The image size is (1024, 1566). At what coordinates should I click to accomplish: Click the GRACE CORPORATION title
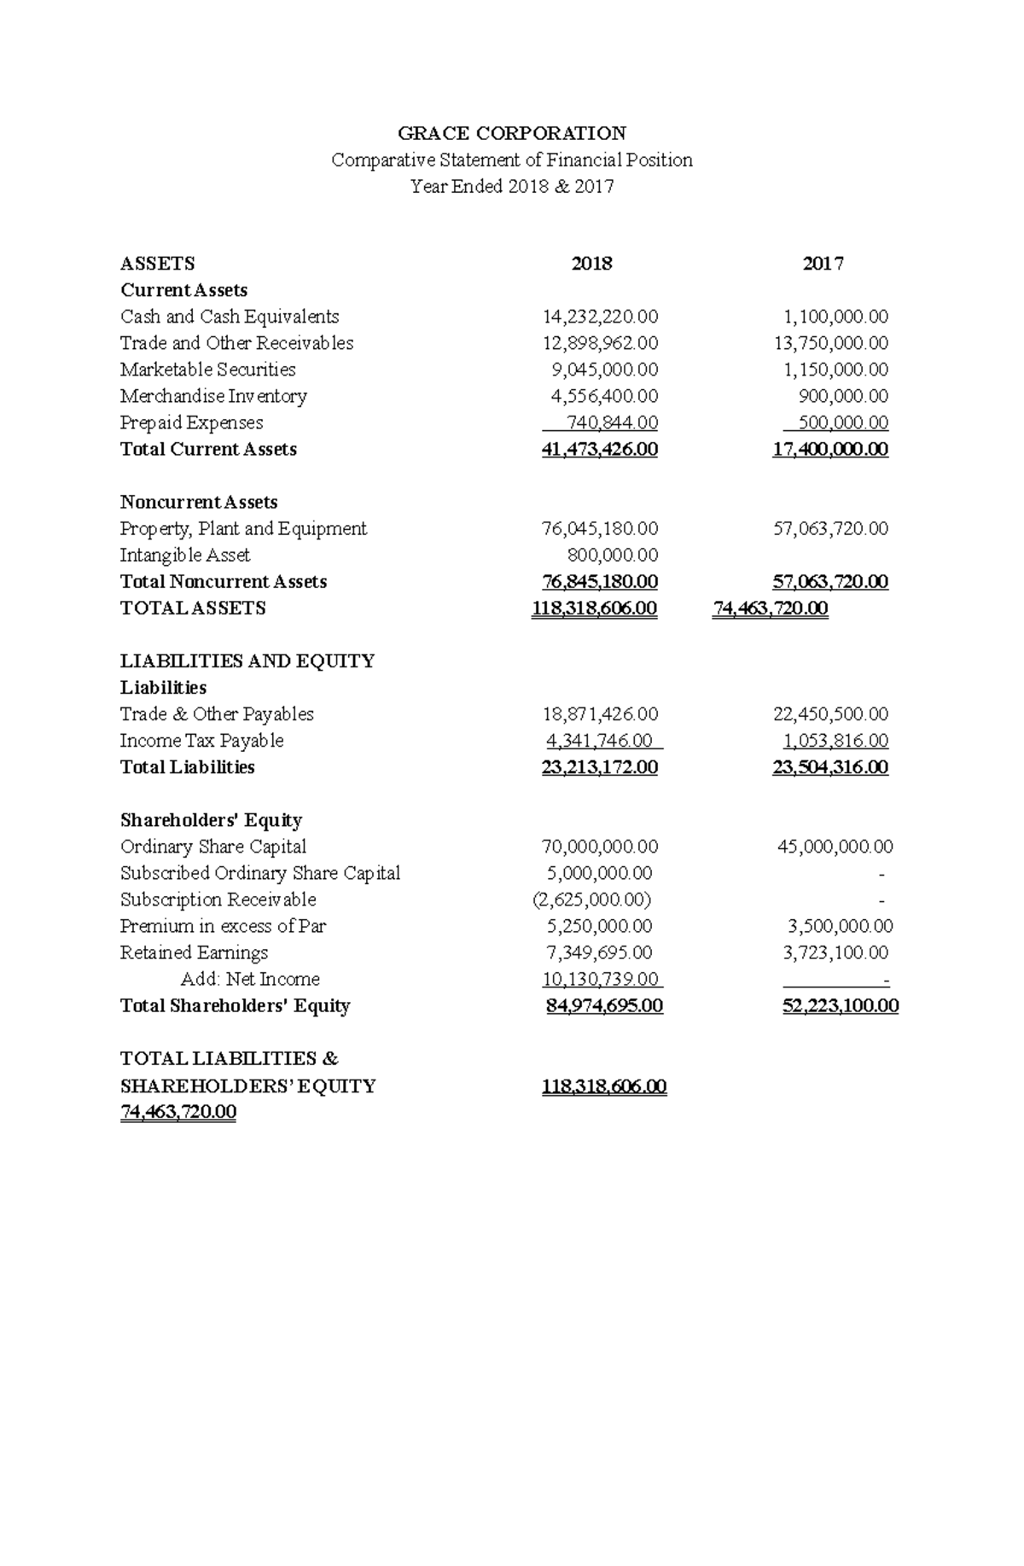(x=512, y=133)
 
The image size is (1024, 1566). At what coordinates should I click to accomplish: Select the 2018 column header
(x=591, y=264)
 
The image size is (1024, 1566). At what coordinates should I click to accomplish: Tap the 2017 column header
(x=823, y=264)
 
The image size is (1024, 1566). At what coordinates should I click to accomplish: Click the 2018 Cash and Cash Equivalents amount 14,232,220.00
(x=600, y=317)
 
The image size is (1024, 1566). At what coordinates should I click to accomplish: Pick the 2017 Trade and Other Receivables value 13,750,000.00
(x=830, y=343)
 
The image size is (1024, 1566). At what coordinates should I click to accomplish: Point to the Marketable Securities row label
(x=207, y=370)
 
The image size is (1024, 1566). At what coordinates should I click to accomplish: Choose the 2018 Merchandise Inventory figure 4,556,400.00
(x=603, y=396)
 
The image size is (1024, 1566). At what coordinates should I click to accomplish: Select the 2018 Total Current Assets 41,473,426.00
(x=599, y=449)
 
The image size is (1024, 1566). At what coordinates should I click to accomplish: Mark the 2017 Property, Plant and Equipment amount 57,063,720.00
(x=830, y=528)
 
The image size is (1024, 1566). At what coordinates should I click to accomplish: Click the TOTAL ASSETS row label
(x=193, y=608)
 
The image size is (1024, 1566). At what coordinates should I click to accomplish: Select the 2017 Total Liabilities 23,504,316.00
(x=830, y=766)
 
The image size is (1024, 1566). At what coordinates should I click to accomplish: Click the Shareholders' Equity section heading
(x=211, y=820)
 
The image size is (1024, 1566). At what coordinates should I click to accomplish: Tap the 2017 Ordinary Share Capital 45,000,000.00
(x=835, y=847)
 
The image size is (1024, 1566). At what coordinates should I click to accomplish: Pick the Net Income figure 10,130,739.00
(x=600, y=979)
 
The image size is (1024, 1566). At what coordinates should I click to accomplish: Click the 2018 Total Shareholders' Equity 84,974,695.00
(x=604, y=1005)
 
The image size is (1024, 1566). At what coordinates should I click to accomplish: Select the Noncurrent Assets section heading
(x=199, y=502)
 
